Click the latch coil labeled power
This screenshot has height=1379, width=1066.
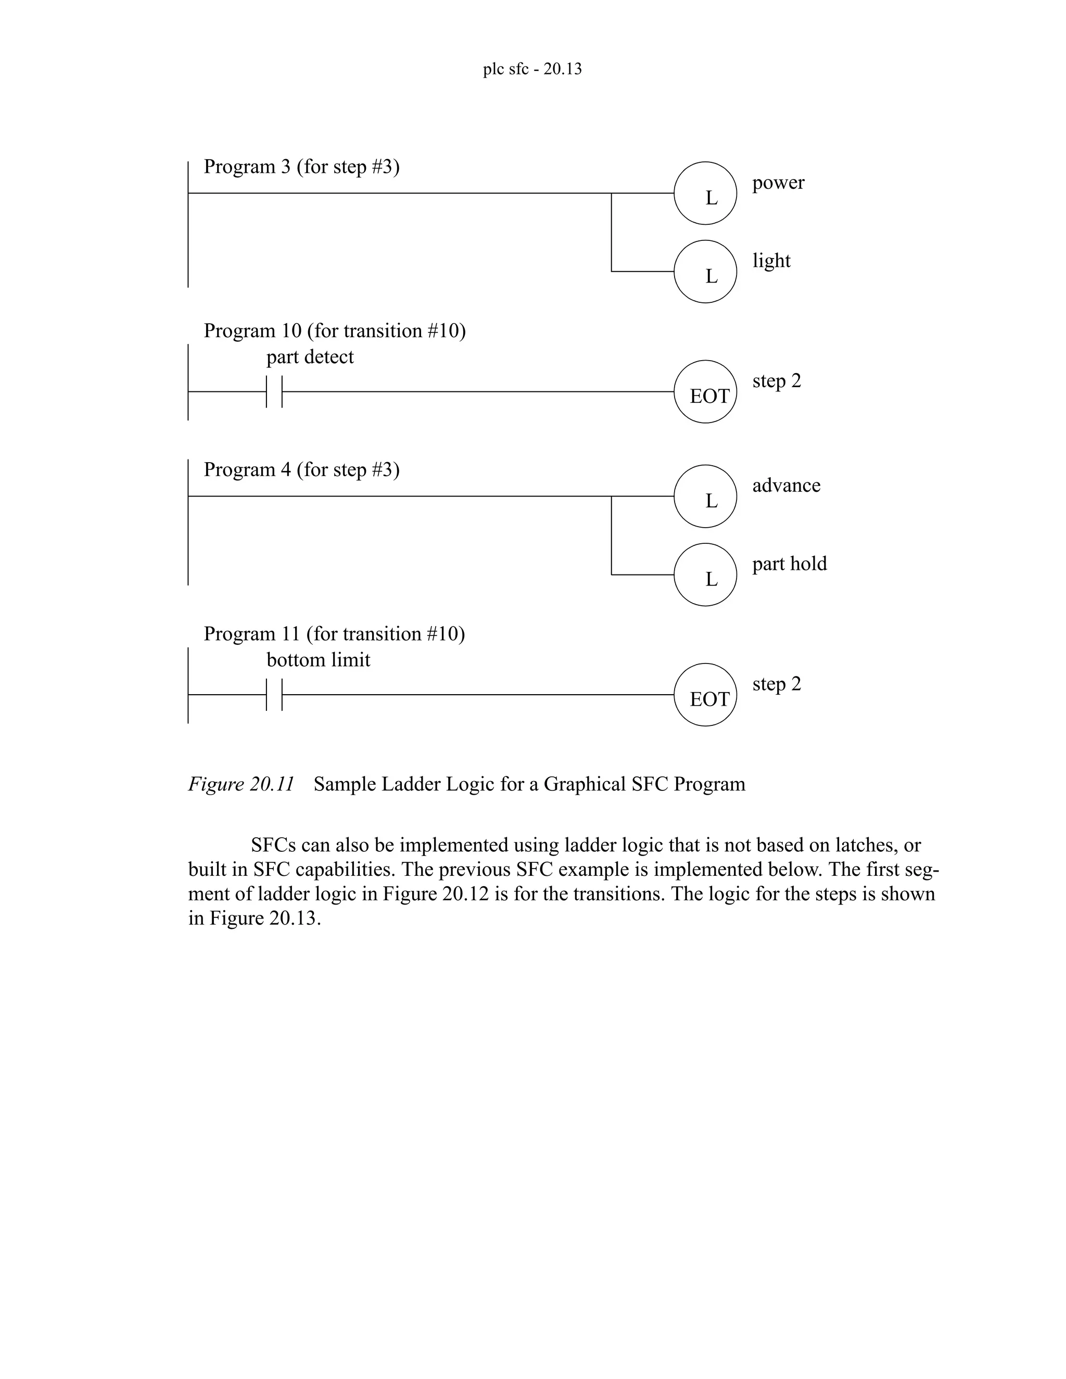pyautogui.click(x=705, y=193)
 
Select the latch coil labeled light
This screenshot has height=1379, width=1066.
pyautogui.click(x=705, y=272)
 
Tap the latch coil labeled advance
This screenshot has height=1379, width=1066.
pyautogui.click(x=705, y=496)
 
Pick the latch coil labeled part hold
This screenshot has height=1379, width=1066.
pyautogui.click(x=705, y=574)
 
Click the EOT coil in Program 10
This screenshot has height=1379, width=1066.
pyautogui.click(x=705, y=391)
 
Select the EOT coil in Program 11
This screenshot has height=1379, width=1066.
pyautogui.click(x=705, y=695)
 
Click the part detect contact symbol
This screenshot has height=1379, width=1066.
pyautogui.click(x=274, y=391)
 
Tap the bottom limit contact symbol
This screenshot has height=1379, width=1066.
pyautogui.click(x=274, y=695)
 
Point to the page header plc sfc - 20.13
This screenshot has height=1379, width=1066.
pyautogui.click(x=532, y=69)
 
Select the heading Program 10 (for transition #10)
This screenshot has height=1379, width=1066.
pyautogui.click(x=334, y=331)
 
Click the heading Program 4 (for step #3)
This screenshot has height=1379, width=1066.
pyautogui.click(x=301, y=470)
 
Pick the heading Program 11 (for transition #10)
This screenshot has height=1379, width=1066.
pyautogui.click(x=334, y=634)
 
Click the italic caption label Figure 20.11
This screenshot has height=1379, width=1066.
pyautogui.click(x=240, y=784)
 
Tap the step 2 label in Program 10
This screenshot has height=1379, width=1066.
pyautogui.click(x=776, y=381)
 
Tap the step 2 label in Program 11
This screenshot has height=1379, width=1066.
pyautogui.click(x=776, y=684)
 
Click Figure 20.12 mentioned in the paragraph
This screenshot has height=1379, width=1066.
pyautogui.click(x=436, y=894)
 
